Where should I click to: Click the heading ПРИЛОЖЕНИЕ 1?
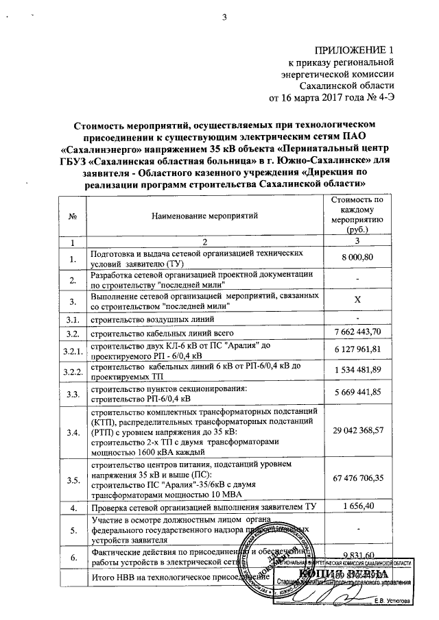[355, 50]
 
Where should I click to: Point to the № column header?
[73, 216]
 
